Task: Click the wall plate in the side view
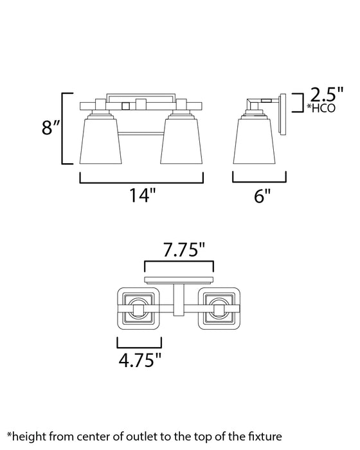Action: click(282, 114)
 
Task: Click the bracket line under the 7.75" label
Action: click(178, 263)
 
